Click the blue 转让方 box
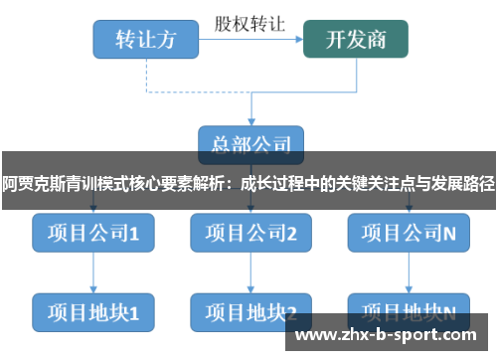point(146,40)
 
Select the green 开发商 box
point(357,40)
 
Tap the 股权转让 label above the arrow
point(250,21)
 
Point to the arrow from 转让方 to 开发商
point(251,40)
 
